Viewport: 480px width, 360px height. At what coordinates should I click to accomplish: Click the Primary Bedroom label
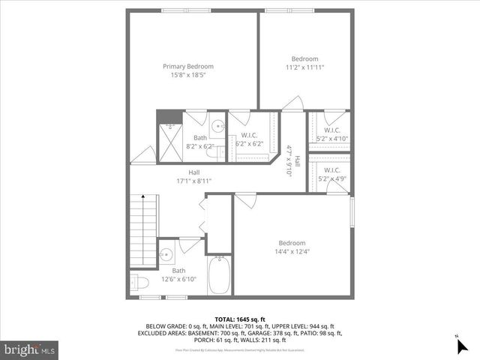tap(188, 66)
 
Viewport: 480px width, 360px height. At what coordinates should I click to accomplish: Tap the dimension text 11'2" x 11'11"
tap(304, 67)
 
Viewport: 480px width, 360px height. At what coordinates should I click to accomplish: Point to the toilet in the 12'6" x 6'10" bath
tap(136, 282)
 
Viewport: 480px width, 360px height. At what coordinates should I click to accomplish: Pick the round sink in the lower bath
tap(166, 252)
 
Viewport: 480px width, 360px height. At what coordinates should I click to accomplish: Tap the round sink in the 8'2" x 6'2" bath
tap(216, 126)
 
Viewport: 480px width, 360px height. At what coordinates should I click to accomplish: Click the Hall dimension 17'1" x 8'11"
tap(193, 181)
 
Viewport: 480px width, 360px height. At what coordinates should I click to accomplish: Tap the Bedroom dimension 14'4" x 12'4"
tap(292, 251)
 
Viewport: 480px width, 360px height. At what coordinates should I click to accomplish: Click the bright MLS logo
tap(30, 349)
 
